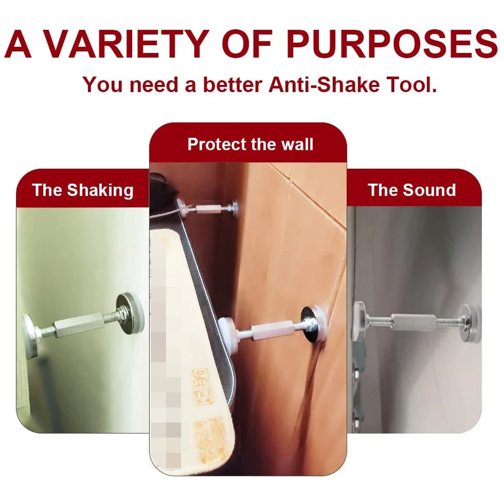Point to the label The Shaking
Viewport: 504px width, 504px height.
click(x=83, y=190)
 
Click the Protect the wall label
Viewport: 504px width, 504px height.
click(x=250, y=144)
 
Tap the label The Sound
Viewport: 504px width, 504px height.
click(x=411, y=190)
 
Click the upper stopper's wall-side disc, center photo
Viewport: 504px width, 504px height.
click(x=234, y=206)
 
